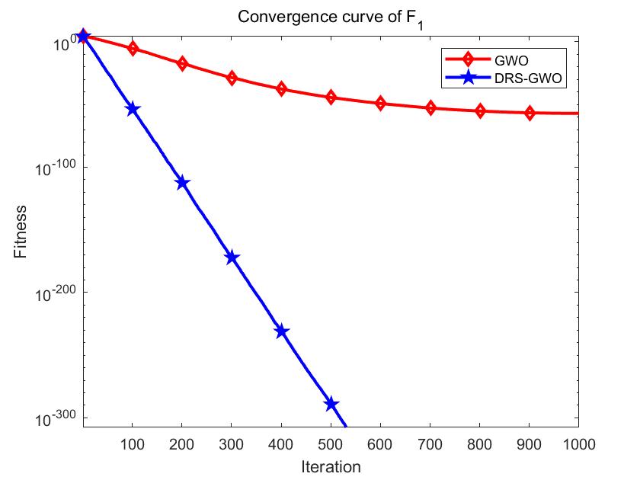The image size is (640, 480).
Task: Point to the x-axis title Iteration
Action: (330, 466)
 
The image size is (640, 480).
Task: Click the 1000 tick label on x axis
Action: (578, 443)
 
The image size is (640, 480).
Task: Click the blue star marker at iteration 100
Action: (133, 109)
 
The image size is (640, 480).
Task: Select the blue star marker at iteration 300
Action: (232, 258)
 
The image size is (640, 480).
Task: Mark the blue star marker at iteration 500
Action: (331, 404)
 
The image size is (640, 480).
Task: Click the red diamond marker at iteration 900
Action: (530, 113)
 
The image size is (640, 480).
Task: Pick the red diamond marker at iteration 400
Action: (281, 89)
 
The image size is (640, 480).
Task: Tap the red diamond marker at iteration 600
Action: (380, 103)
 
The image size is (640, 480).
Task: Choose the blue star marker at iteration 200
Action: (182, 183)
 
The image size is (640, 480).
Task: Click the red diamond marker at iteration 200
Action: (182, 63)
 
